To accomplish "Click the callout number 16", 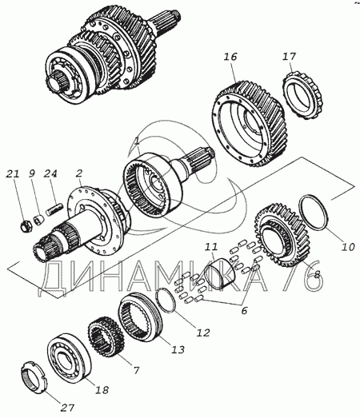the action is tap(230, 57).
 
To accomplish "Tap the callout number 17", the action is tap(290, 57).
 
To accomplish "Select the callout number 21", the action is tap(13, 174).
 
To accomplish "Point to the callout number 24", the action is tap(50, 173).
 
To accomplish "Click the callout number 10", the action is tap(348, 247).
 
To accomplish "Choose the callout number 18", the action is tap(102, 390).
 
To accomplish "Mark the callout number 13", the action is tap(178, 349).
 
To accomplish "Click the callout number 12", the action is tap(203, 332).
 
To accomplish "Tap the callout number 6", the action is tap(244, 311).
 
